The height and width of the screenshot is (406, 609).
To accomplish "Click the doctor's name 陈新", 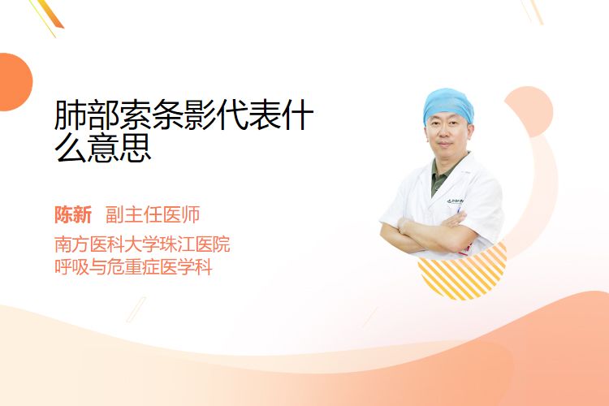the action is [x=73, y=215].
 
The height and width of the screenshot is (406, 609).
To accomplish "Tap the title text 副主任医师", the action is [x=153, y=215].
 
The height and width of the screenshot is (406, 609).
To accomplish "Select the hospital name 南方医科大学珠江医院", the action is [x=142, y=244].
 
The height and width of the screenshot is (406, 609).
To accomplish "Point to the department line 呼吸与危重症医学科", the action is [x=133, y=267].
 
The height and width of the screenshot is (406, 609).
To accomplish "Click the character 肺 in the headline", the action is [x=71, y=114].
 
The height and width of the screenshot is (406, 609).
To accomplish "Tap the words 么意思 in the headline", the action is [x=103, y=148].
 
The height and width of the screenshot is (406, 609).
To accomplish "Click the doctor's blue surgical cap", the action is [x=447, y=104].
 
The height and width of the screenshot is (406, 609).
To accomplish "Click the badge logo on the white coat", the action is [x=455, y=201].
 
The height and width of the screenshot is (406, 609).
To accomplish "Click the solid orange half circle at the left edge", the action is [x=15, y=82].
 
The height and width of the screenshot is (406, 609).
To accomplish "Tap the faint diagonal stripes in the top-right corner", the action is [x=533, y=11].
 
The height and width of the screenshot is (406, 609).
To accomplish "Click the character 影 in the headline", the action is [x=200, y=114].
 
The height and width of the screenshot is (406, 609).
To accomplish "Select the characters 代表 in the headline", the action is [x=248, y=114].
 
